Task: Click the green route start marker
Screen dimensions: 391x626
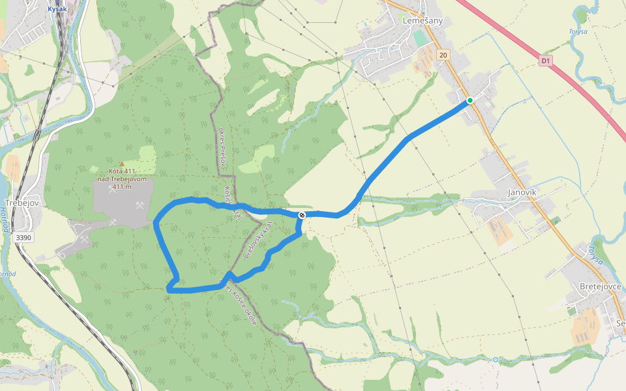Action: point(469,100)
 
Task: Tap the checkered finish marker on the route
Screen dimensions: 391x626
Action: point(302,215)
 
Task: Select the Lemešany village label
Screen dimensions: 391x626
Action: point(423,21)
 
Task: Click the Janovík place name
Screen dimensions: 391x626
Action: point(522,192)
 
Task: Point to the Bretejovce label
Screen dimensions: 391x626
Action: point(600,286)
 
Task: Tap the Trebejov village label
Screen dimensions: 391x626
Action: point(23,203)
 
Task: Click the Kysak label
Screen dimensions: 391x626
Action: point(57,9)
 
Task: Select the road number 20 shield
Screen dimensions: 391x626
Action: point(443,55)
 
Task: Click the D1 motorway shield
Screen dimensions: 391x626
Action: point(546,61)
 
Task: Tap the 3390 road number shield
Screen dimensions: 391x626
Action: point(23,238)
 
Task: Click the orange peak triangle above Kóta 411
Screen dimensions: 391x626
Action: point(121,164)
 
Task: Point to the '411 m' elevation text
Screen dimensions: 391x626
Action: point(122,187)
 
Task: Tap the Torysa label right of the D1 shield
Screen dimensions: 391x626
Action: point(577,31)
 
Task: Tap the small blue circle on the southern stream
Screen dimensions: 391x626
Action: point(496,360)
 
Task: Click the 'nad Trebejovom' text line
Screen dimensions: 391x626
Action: point(122,179)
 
